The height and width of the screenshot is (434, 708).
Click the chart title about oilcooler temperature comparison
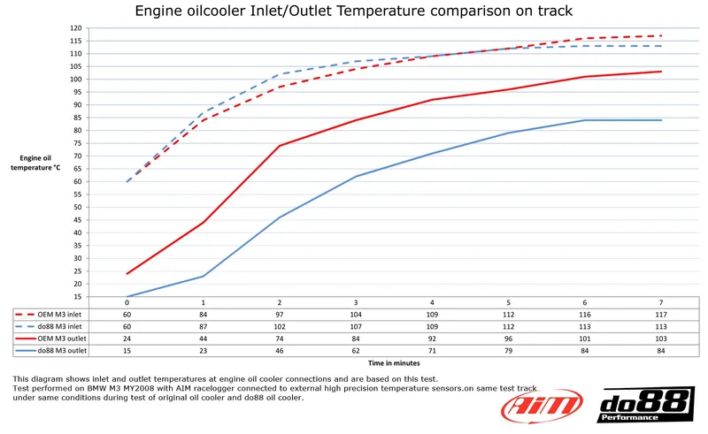[353, 11]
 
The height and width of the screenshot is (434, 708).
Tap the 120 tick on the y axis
[76, 28]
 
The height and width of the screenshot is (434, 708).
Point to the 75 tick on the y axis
[77, 143]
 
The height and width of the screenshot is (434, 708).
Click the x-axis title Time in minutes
[393, 362]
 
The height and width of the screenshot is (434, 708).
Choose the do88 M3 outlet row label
[60, 351]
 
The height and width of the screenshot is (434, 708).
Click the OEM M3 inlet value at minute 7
[661, 314]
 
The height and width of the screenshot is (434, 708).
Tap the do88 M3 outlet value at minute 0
[127, 351]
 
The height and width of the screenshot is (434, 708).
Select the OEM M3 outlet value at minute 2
[280, 339]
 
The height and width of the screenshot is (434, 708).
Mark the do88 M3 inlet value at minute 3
[356, 326]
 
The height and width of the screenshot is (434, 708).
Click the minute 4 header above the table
[432, 302]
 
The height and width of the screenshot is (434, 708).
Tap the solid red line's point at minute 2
[280, 146]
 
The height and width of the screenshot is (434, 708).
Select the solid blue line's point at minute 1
[204, 276]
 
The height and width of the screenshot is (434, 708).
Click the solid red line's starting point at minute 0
[127, 273]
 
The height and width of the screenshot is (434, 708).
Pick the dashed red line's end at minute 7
[661, 36]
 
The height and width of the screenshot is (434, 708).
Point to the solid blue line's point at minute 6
[585, 120]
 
